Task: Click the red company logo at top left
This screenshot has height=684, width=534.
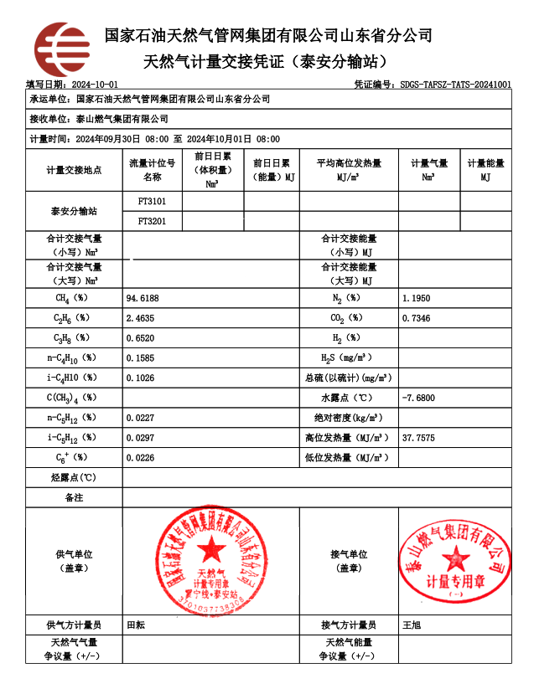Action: pos(61,49)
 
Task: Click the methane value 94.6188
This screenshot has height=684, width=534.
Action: pos(143,298)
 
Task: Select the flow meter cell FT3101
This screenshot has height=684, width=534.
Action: pos(152,202)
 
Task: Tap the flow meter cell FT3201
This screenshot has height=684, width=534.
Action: pos(152,221)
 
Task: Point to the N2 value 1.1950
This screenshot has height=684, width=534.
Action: pos(417,298)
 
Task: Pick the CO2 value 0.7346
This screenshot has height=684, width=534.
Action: pos(417,318)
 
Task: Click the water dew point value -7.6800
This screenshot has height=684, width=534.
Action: pos(418,398)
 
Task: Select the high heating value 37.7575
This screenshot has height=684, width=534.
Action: pos(418,438)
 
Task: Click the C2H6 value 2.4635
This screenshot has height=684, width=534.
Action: pos(141,318)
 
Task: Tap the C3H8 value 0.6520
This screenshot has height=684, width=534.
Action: pos(141,338)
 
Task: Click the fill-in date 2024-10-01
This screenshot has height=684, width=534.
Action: pos(95,85)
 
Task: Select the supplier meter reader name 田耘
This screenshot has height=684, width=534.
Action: pos(135,625)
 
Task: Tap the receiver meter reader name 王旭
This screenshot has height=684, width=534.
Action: pos(412,625)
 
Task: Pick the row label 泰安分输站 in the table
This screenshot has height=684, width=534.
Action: pos(74,212)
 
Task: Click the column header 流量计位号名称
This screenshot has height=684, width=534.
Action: pos(152,170)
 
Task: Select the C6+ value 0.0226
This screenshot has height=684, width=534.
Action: pos(141,458)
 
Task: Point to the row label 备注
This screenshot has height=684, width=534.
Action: pos(74,497)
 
